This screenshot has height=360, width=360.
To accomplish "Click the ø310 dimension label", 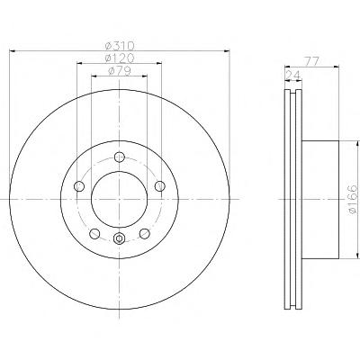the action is [x=120, y=46].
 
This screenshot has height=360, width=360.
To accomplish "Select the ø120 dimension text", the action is [x=120, y=58].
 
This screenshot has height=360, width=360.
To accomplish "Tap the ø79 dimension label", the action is [x=120, y=70].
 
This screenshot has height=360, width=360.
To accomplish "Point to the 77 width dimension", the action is [x=311, y=61].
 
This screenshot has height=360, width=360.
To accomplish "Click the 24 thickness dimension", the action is [x=293, y=75].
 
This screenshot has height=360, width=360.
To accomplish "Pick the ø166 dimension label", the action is [x=354, y=199].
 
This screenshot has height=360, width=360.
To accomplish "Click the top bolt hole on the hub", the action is [x=120, y=157].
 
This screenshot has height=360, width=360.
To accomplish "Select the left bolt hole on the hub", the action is [x=79, y=186].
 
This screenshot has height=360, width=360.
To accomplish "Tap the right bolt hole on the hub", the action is [x=160, y=186].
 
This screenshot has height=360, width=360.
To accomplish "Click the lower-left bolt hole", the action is [x=94, y=234].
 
